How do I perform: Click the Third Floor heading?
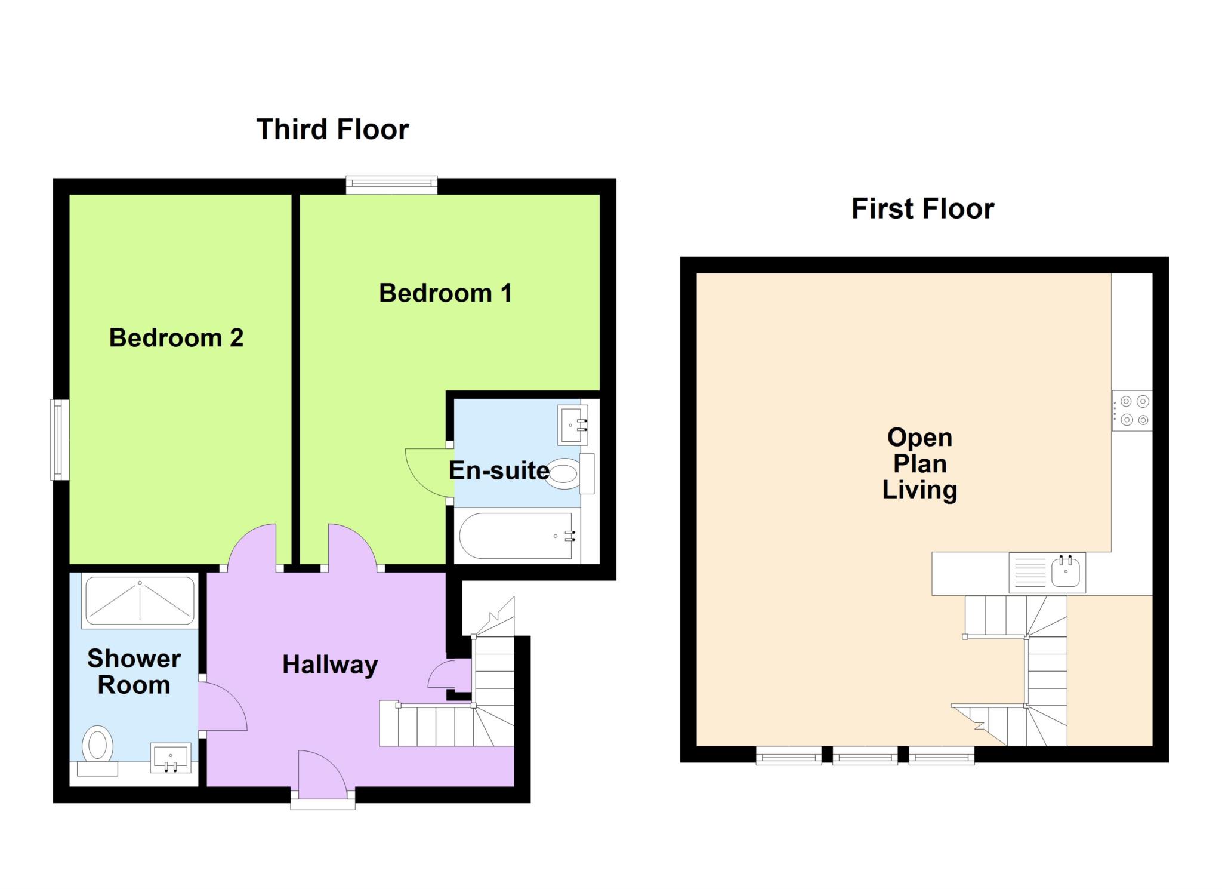pos(332,130)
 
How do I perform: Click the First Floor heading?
pos(922,209)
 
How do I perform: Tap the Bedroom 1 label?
pos(445,293)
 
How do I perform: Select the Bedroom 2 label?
pos(176,338)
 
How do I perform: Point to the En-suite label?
pos(499,470)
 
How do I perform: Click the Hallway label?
pos(330,665)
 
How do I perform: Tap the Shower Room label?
pos(134,672)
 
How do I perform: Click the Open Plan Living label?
pos(919,463)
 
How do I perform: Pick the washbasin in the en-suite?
pos(572,425)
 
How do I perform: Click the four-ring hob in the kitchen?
pos(1132,411)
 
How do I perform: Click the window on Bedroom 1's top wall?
pos(391,184)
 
